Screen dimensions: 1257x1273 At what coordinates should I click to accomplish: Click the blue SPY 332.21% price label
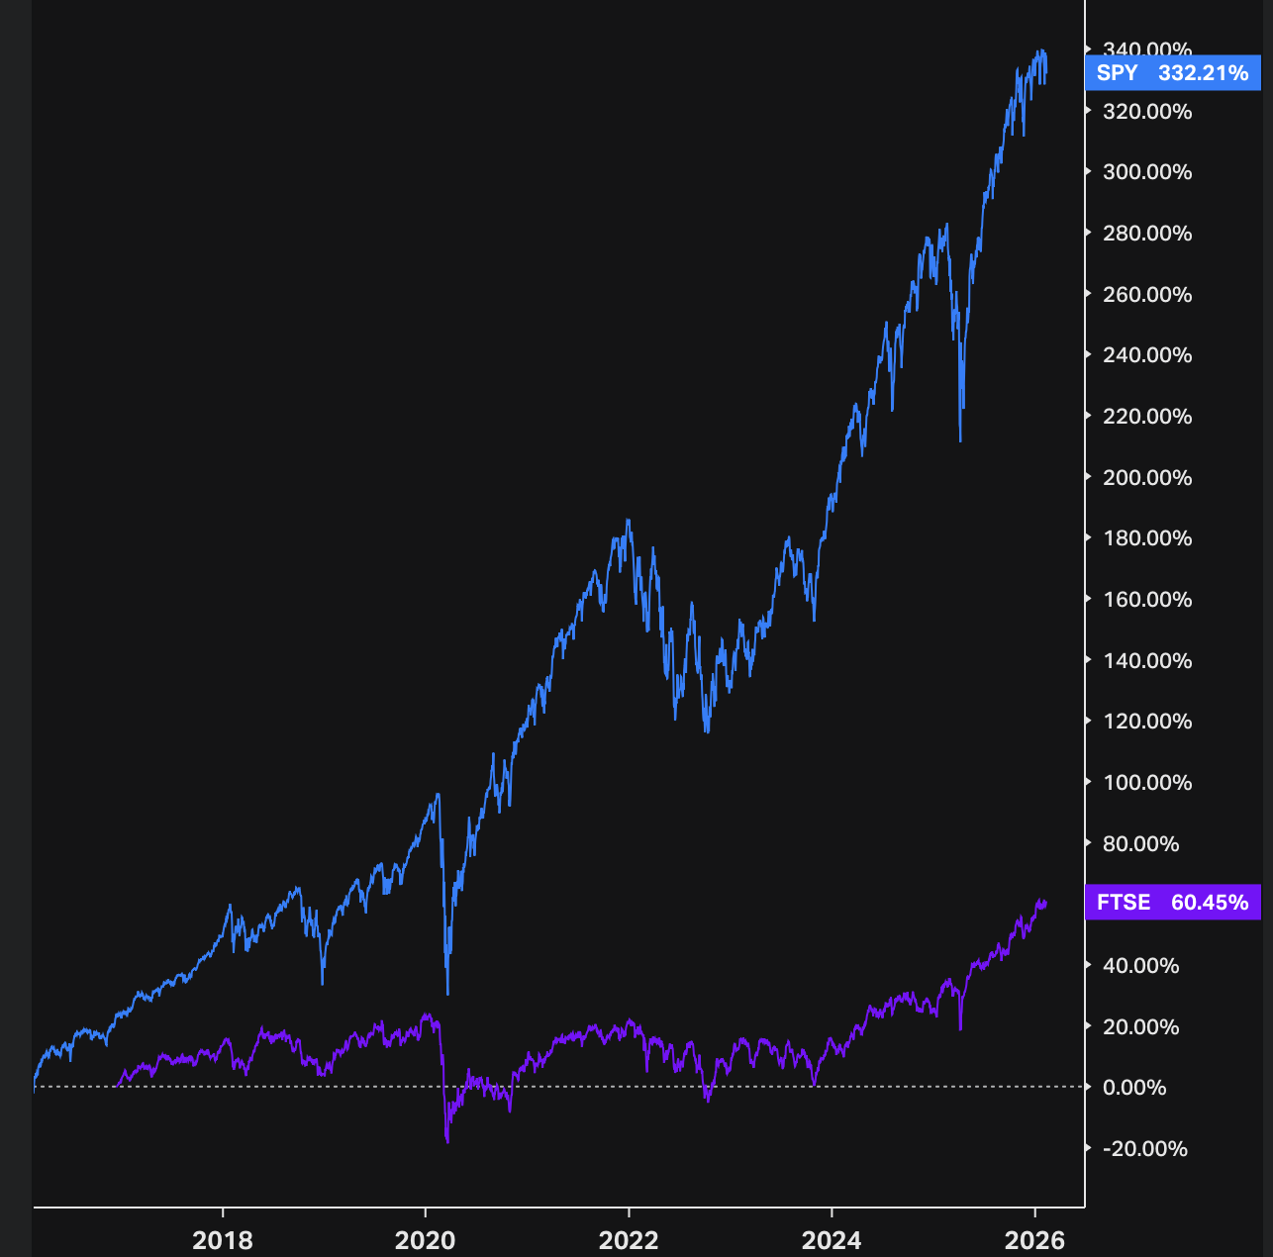point(1172,73)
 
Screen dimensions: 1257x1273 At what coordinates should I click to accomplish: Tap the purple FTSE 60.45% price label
point(1172,903)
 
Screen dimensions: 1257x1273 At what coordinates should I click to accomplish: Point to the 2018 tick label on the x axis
point(223,1239)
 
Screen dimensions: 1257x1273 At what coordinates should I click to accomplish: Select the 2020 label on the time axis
point(426,1239)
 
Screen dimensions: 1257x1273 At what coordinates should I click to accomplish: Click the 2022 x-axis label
point(629,1239)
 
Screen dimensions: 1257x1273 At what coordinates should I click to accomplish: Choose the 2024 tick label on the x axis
point(832,1239)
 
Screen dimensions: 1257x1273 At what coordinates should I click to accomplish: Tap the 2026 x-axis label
point(1034,1239)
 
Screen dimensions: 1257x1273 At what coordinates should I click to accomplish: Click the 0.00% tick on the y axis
point(1134,1088)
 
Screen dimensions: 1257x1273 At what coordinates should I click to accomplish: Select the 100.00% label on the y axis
point(1147,783)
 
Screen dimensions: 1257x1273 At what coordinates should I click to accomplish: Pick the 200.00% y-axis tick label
point(1147,478)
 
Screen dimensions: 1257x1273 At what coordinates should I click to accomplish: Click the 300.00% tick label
point(1147,172)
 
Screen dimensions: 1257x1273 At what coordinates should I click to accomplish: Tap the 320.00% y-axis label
point(1147,112)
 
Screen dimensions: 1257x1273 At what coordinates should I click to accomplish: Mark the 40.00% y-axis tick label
point(1141,966)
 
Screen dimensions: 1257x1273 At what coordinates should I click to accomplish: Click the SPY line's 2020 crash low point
point(447,993)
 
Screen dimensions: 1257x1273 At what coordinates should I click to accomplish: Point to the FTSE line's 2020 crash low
point(447,1141)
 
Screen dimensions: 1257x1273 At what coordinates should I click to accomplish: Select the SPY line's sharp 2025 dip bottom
point(960,440)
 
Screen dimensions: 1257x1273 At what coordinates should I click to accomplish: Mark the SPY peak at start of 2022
point(628,521)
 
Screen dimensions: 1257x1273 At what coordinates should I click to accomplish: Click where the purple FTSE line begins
point(118,1086)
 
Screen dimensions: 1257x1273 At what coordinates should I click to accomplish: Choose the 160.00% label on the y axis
point(1147,600)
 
